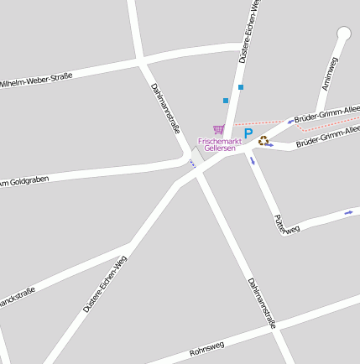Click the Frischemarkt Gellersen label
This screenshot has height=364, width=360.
click(x=220, y=145)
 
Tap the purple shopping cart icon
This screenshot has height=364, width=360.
click(x=219, y=129)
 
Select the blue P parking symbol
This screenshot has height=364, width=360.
click(x=248, y=133)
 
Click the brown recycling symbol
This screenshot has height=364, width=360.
click(x=263, y=141)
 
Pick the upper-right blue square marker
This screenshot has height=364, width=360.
click(x=241, y=87)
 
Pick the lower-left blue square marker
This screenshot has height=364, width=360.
click(x=226, y=101)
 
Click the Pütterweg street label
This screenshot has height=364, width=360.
click(x=286, y=223)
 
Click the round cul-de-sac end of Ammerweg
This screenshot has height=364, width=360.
click(x=343, y=34)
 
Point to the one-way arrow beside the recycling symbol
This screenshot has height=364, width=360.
click(x=269, y=144)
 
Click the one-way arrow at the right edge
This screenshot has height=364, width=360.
click(x=349, y=212)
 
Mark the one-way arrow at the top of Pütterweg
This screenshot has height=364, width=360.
click(x=252, y=160)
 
